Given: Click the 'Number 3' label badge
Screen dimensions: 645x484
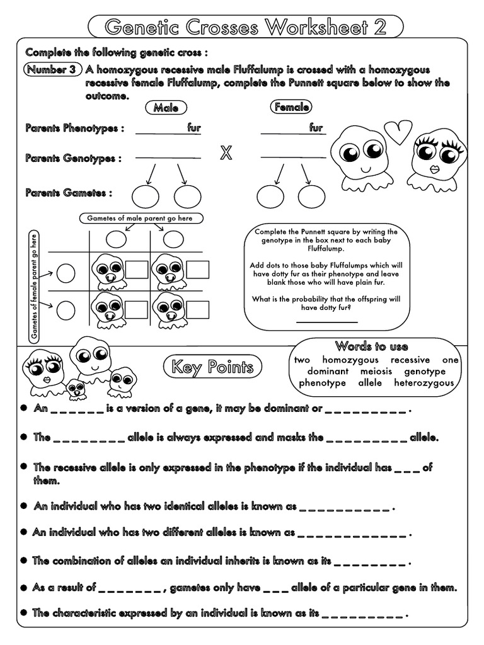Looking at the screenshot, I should click(x=53, y=70).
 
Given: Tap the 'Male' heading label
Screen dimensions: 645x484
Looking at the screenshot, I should click(x=166, y=108).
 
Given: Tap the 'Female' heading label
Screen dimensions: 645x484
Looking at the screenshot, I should click(x=291, y=108).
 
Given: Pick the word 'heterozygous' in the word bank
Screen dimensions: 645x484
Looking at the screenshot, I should click(x=423, y=382).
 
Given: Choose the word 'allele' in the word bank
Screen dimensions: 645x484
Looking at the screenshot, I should click(x=370, y=382).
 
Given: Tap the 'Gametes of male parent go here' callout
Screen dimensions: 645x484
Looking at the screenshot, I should click(x=142, y=219).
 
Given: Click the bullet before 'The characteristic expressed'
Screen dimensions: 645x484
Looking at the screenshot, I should click(x=23, y=612).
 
